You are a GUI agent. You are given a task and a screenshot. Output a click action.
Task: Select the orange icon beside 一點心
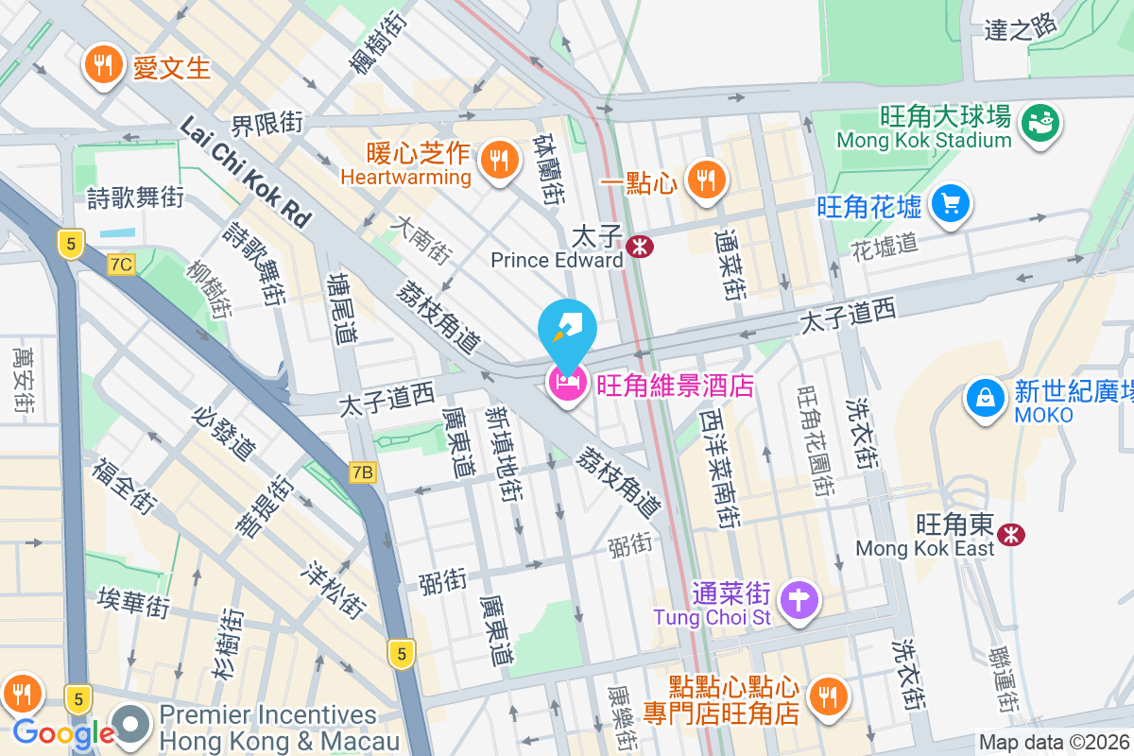coord(704,177)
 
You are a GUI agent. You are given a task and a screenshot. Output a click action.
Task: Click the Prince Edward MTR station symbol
coord(640,248)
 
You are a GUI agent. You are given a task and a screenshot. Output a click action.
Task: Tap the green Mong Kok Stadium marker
coord(1041,123)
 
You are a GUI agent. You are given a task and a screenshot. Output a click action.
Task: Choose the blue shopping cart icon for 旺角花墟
coord(950,203)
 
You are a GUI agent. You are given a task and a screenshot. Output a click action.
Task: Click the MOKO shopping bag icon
coord(986,397)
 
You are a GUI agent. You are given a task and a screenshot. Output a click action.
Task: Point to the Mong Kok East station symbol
coord(1012,535)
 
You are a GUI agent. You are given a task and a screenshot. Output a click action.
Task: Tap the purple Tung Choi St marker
coord(800,599)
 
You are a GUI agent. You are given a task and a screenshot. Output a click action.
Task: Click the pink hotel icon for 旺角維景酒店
coord(567,384)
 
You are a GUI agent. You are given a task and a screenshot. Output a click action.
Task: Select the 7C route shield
coord(121,265)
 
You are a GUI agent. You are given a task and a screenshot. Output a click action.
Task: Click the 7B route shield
coord(362,472)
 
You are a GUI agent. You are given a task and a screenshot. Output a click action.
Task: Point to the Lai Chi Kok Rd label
coord(245,171)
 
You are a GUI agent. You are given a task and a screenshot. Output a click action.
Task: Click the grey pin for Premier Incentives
coord(132,725)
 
